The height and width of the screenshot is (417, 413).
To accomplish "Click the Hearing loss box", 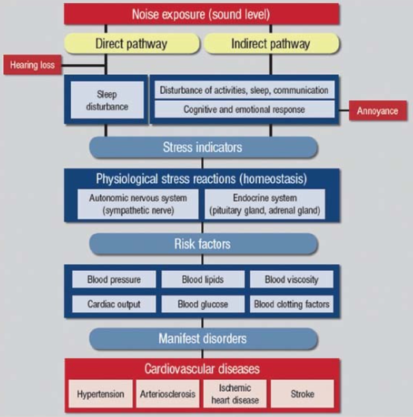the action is pyautogui.click(x=32, y=65).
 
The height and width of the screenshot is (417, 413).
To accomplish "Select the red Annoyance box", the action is pyautogui.click(x=378, y=110).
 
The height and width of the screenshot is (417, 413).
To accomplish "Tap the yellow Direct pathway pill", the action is pyautogui.click(x=132, y=43).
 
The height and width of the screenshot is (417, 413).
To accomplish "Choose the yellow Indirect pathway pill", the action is pyautogui.click(x=271, y=43).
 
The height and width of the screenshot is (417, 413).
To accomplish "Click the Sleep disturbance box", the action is pyautogui.click(x=107, y=100).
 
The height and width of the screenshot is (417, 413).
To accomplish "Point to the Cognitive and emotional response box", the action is pyautogui.click(x=244, y=110).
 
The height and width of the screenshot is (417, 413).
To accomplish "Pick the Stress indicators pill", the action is pyautogui.click(x=203, y=147).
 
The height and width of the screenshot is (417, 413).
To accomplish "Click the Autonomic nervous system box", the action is pyautogui.click(x=138, y=204).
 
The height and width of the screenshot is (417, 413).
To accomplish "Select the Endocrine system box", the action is pyautogui.click(x=265, y=204).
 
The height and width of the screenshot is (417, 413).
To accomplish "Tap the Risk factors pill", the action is pyautogui.click(x=203, y=244).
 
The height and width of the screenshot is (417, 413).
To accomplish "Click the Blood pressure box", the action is pyautogui.click(x=114, y=279).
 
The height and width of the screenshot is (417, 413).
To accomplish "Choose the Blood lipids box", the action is pyautogui.click(x=203, y=279).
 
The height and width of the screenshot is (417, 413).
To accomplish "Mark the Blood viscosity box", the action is pyautogui.click(x=292, y=279).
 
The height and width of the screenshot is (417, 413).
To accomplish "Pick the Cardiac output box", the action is pyautogui.click(x=114, y=304).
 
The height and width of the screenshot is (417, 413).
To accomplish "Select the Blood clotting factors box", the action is pyautogui.click(x=292, y=304).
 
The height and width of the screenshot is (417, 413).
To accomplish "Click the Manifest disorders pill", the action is pyautogui.click(x=203, y=338).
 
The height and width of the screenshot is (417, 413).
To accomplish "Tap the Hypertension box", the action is pyautogui.click(x=101, y=394).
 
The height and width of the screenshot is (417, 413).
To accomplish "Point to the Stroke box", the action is pyautogui.click(x=303, y=394).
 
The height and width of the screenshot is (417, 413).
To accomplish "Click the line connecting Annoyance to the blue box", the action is pyautogui.click(x=344, y=110).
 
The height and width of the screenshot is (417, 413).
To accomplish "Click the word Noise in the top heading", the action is pyautogui.click(x=146, y=14).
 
